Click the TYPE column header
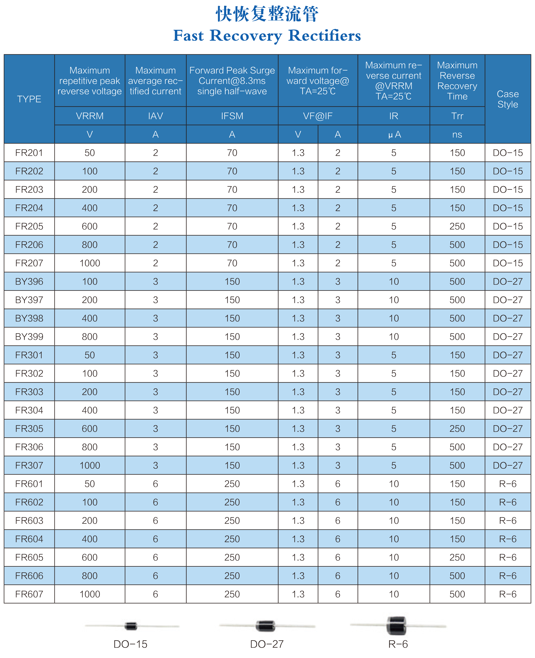(x=29, y=99)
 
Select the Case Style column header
(x=508, y=99)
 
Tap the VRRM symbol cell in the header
(x=90, y=116)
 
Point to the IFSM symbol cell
(x=232, y=116)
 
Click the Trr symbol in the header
(x=457, y=116)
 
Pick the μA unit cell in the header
(x=394, y=134)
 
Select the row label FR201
(x=29, y=153)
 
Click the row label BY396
(x=29, y=281)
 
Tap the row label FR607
(x=29, y=594)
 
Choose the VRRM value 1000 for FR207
(x=90, y=263)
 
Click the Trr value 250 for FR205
(x=457, y=226)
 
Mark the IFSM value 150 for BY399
(x=232, y=337)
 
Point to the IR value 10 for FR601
(x=394, y=484)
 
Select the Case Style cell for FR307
(x=508, y=465)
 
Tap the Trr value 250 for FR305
(x=457, y=429)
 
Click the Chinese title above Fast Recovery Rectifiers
(x=267, y=14)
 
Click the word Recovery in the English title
(x=246, y=36)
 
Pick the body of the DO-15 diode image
(x=131, y=626)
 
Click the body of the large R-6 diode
(x=396, y=625)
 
